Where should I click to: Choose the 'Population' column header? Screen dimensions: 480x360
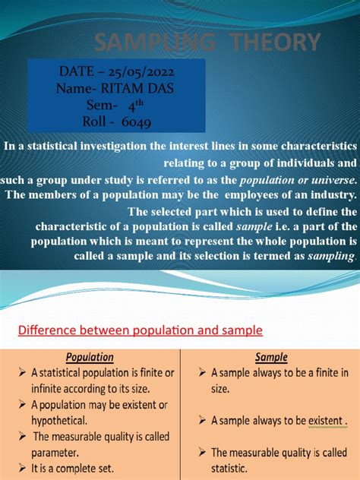(x=90, y=357)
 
